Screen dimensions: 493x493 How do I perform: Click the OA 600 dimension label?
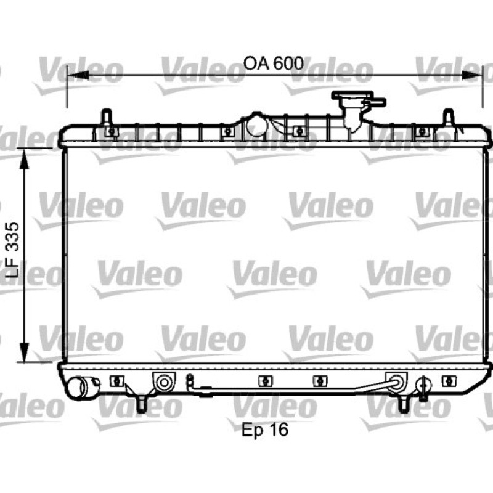273,63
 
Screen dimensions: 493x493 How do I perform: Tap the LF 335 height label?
13,250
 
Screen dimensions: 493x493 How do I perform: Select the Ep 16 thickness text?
265,430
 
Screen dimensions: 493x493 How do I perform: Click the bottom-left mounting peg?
141,404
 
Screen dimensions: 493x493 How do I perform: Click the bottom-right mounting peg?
404,404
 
